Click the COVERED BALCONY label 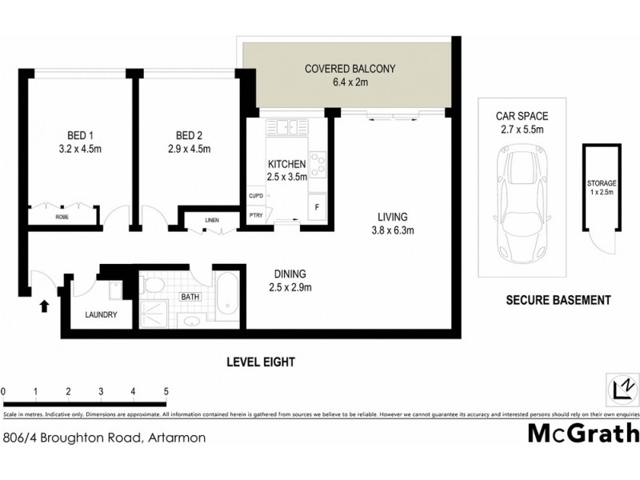(x=350, y=69)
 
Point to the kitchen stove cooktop (x=318, y=164)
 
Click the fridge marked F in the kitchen (x=318, y=206)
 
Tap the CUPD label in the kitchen (x=256, y=196)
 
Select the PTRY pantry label (x=256, y=214)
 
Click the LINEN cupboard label (x=211, y=220)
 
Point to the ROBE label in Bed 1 (x=62, y=217)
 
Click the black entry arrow (x=44, y=305)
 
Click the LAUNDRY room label (x=102, y=314)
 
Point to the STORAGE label (x=602, y=183)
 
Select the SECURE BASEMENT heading (x=558, y=301)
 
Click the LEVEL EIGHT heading (x=260, y=362)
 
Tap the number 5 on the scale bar (x=166, y=390)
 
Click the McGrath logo (x=584, y=433)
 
